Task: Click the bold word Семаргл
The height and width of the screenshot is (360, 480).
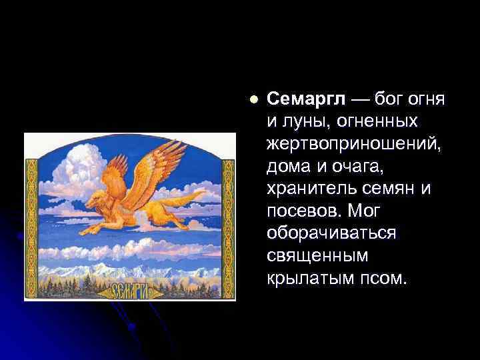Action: pos(306,100)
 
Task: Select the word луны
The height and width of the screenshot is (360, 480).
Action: pos(297,123)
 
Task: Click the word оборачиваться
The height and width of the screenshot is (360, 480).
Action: pos(331,233)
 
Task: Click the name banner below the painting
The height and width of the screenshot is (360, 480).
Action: pos(129,291)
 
